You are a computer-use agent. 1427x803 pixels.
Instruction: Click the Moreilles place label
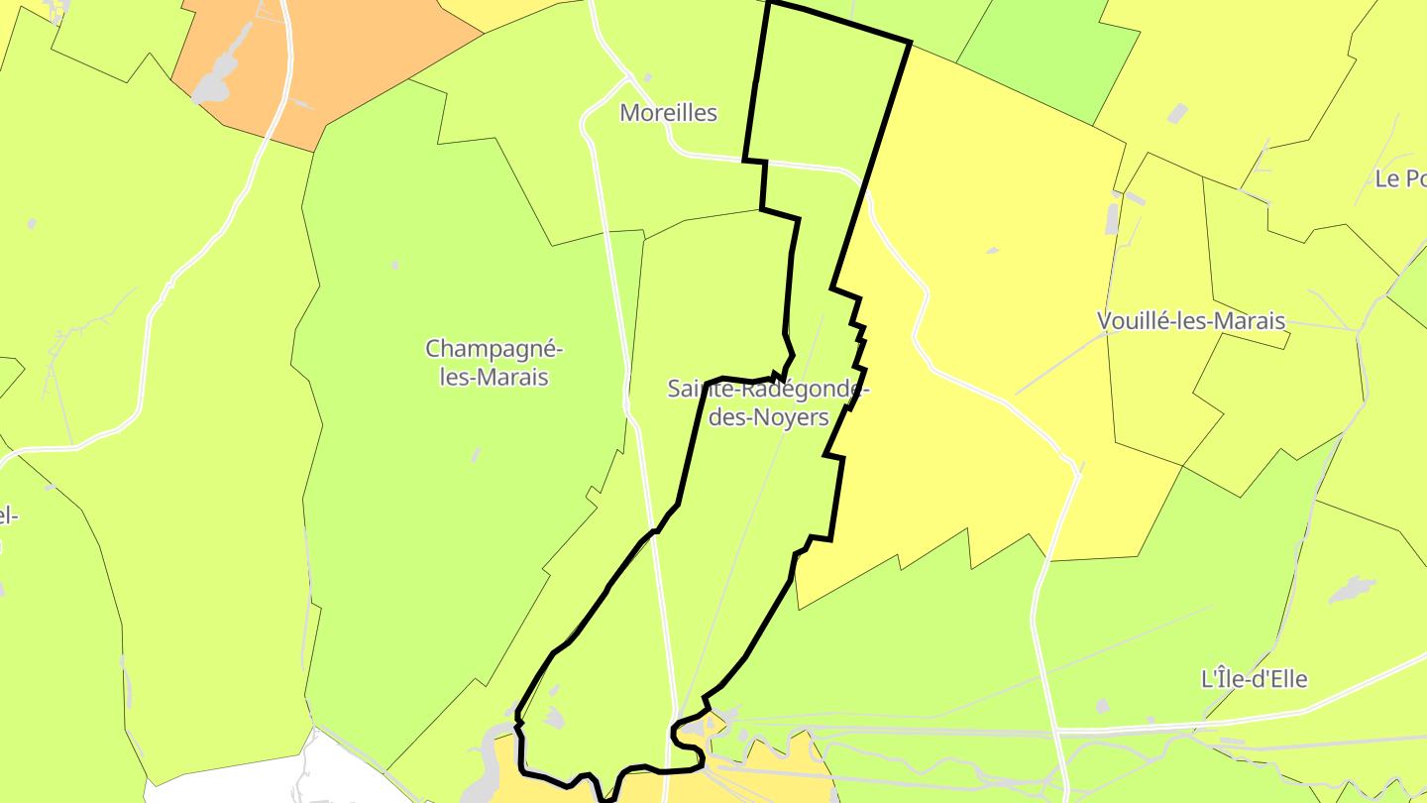click(x=668, y=113)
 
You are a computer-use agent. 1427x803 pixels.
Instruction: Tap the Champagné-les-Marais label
click(x=494, y=363)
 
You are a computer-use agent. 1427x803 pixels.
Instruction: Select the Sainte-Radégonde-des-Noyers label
click(x=768, y=402)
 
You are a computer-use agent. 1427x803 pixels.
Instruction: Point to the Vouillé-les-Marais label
click(x=1191, y=321)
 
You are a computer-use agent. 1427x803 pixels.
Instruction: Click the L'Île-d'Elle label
click(x=1254, y=680)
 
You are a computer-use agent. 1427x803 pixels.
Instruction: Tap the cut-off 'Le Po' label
click(x=1401, y=179)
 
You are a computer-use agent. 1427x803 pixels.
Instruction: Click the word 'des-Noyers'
click(x=769, y=417)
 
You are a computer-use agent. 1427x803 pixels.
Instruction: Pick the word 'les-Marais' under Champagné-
click(x=494, y=378)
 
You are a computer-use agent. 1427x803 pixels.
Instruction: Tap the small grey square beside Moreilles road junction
click(x=648, y=77)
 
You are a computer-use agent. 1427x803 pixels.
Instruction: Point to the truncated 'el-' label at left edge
click(x=8, y=516)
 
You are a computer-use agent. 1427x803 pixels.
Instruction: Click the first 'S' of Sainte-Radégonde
click(x=674, y=389)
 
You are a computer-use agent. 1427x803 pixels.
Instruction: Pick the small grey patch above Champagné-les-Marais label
click(x=395, y=265)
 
